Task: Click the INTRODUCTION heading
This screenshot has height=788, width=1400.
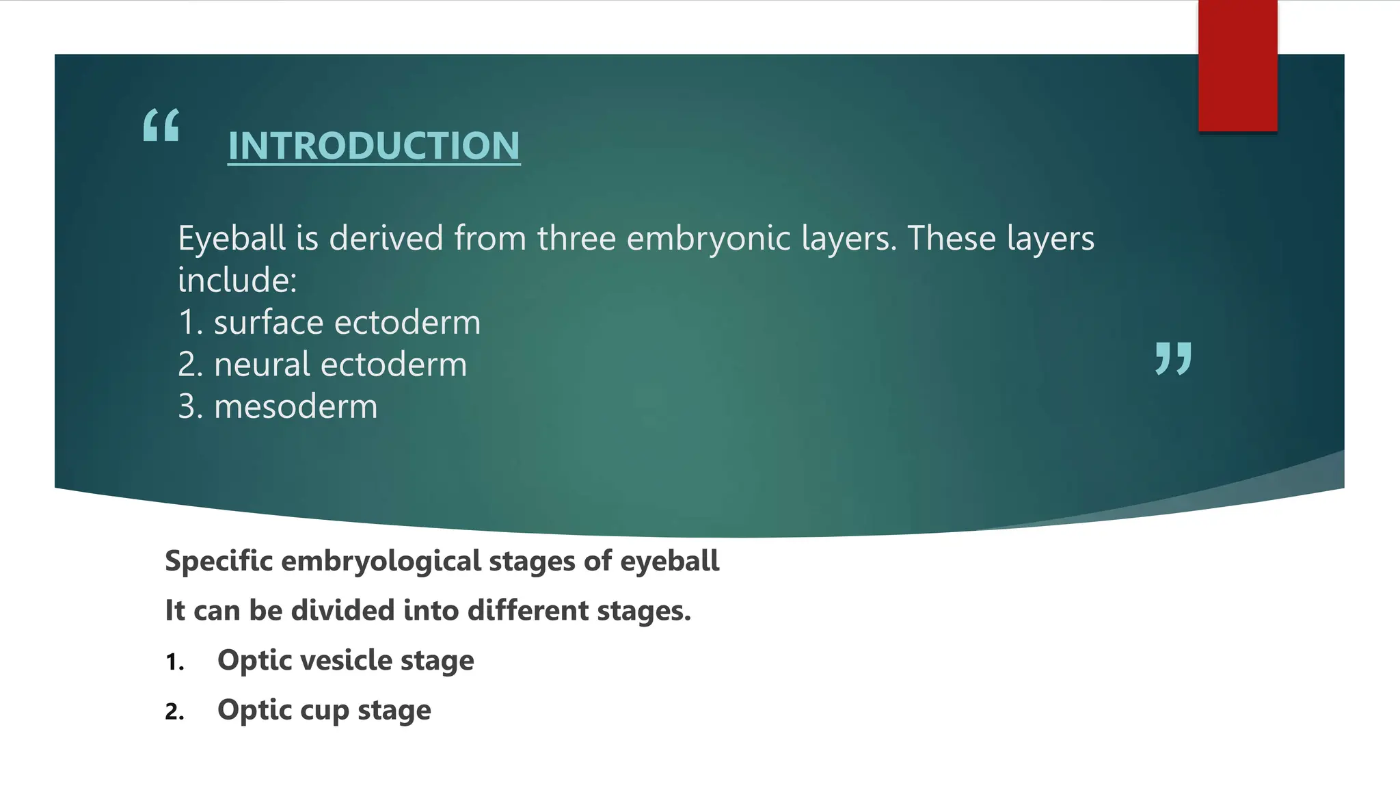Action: pos(373,146)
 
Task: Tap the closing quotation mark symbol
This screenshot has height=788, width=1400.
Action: pos(1173,358)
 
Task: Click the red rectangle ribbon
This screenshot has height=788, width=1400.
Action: pos(1237,66)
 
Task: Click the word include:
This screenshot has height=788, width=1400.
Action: pos(237,280)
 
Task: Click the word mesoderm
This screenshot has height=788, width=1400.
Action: pos(295,407)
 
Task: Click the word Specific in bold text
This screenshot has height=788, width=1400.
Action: pos(219,561)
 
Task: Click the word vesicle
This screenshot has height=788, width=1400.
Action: pos(345,660)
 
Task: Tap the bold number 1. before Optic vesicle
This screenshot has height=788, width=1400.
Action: pos(175,662)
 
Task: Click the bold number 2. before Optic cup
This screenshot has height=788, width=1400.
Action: pos(175,712)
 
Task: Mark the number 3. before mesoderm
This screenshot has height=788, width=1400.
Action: pos(190,407)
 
